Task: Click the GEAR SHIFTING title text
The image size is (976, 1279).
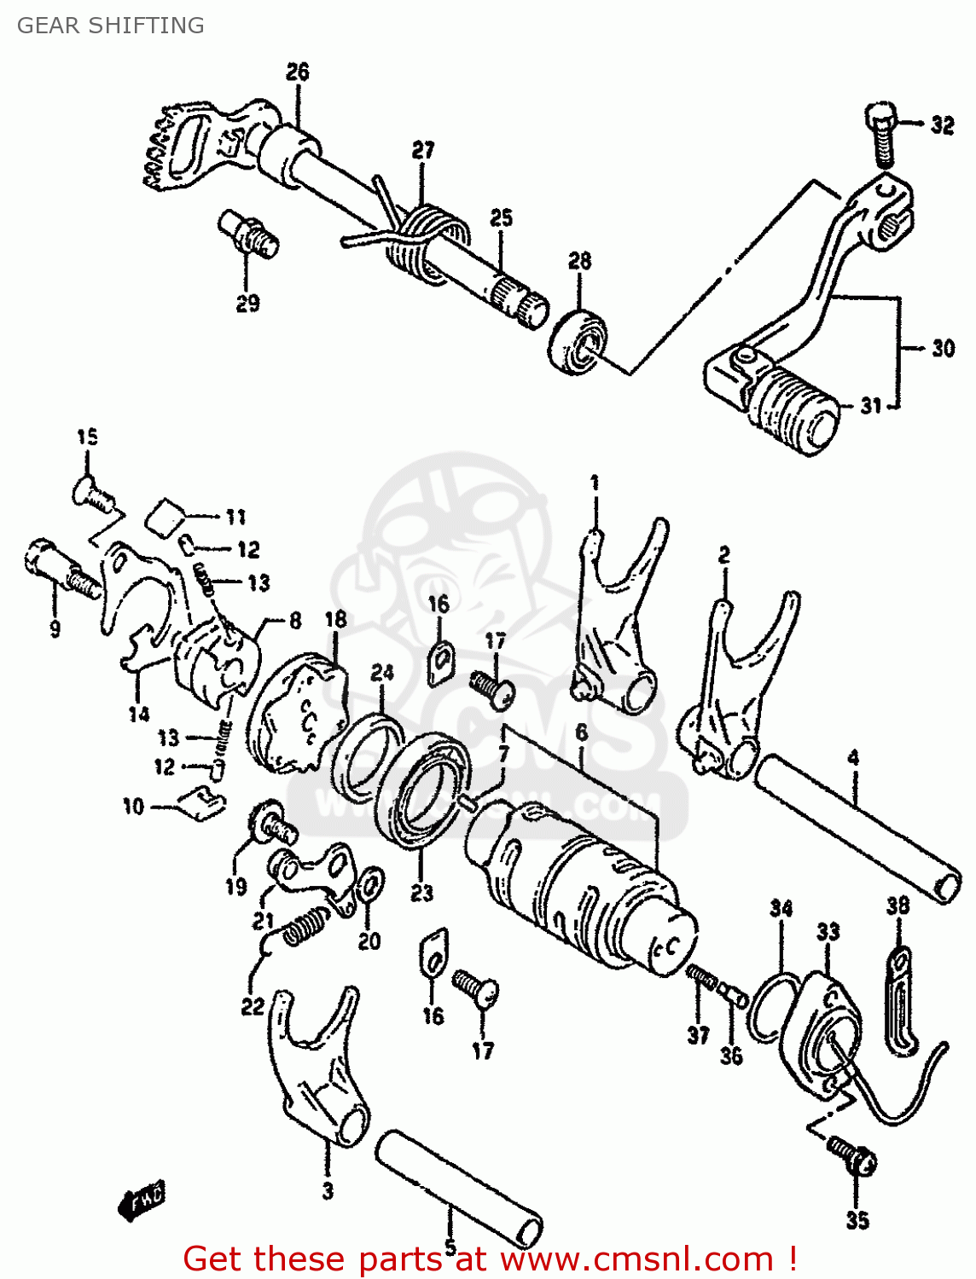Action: (x=110, y=26)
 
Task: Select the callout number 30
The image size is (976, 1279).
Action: (x=943, y=348)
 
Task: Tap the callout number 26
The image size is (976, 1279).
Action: (x=297, y=72)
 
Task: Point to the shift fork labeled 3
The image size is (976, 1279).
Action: (x=320, y=1074)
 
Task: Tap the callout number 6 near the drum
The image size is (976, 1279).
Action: (x=582, y=732)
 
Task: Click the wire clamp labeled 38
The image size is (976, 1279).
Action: (x=900, y=1002)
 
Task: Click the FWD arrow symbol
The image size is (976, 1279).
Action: (x=143, y=1201)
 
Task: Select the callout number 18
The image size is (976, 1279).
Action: (x=335, y=620)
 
